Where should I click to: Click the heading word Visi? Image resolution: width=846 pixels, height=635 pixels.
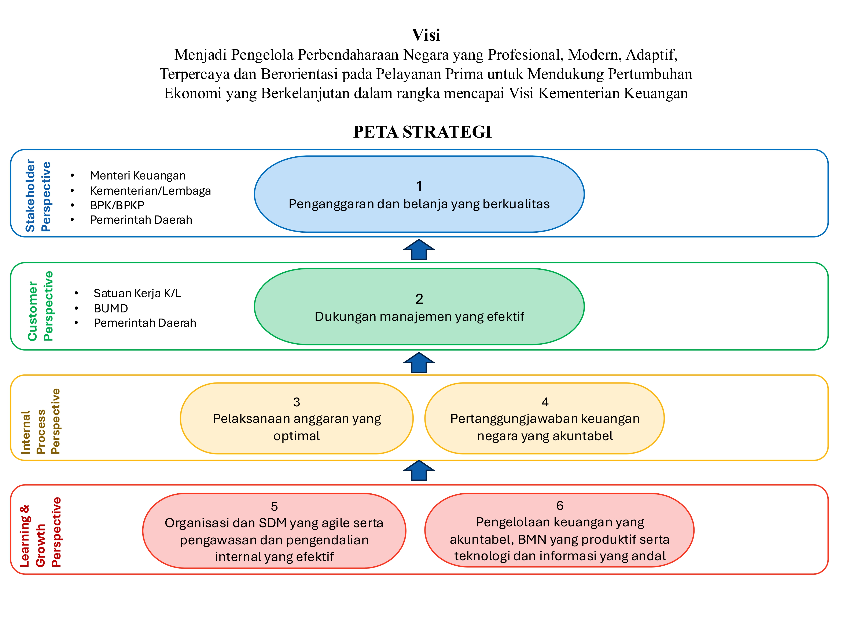click(x=426, y=35)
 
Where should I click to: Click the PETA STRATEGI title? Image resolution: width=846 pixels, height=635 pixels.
click(x=422, y=132)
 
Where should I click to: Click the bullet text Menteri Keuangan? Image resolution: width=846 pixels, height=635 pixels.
click(x=138, y=176)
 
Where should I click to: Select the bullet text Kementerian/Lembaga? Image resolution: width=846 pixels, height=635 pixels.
click(x=150, y=191)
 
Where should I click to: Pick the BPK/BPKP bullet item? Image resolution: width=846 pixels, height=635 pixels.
click(x=117, y=206)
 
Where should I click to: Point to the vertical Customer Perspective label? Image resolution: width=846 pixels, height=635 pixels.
click(x=40, y=306)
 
